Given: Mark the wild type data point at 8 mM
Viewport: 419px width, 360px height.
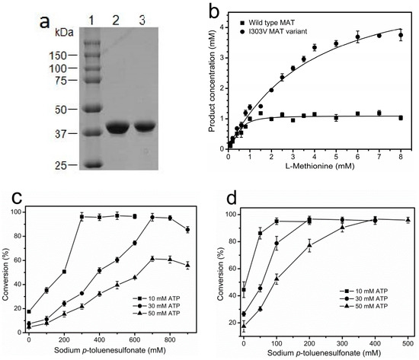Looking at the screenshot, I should point(401,117).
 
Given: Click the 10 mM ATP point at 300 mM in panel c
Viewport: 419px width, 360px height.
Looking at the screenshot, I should point(82,217).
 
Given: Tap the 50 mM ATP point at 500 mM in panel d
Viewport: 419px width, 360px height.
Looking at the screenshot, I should point(408,220).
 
